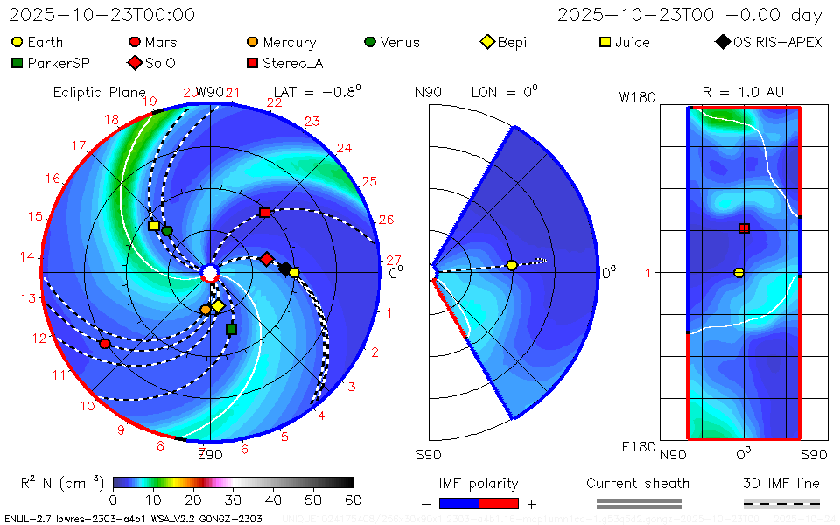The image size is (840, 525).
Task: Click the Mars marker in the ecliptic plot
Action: point(105,344)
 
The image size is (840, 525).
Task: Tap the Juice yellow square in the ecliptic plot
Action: point(154,226)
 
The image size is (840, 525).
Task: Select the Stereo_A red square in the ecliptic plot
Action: point(264,213)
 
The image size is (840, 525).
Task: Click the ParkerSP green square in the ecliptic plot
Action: point(231,329)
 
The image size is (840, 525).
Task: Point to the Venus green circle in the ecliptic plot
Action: point(167,230)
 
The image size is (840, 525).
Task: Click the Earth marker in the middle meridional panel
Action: point(512,265)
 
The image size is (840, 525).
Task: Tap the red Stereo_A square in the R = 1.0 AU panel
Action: point(744,228)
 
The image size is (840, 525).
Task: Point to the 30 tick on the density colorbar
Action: point(234,500)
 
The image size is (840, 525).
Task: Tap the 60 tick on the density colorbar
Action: point(353,500)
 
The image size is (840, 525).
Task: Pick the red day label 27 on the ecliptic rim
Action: point(393,260)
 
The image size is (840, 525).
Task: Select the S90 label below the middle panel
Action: point(428,454)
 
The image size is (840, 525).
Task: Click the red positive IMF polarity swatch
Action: point(499,503)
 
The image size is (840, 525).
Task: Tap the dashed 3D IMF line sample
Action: point(781,503)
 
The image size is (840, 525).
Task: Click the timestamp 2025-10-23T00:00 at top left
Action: point(102,15)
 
